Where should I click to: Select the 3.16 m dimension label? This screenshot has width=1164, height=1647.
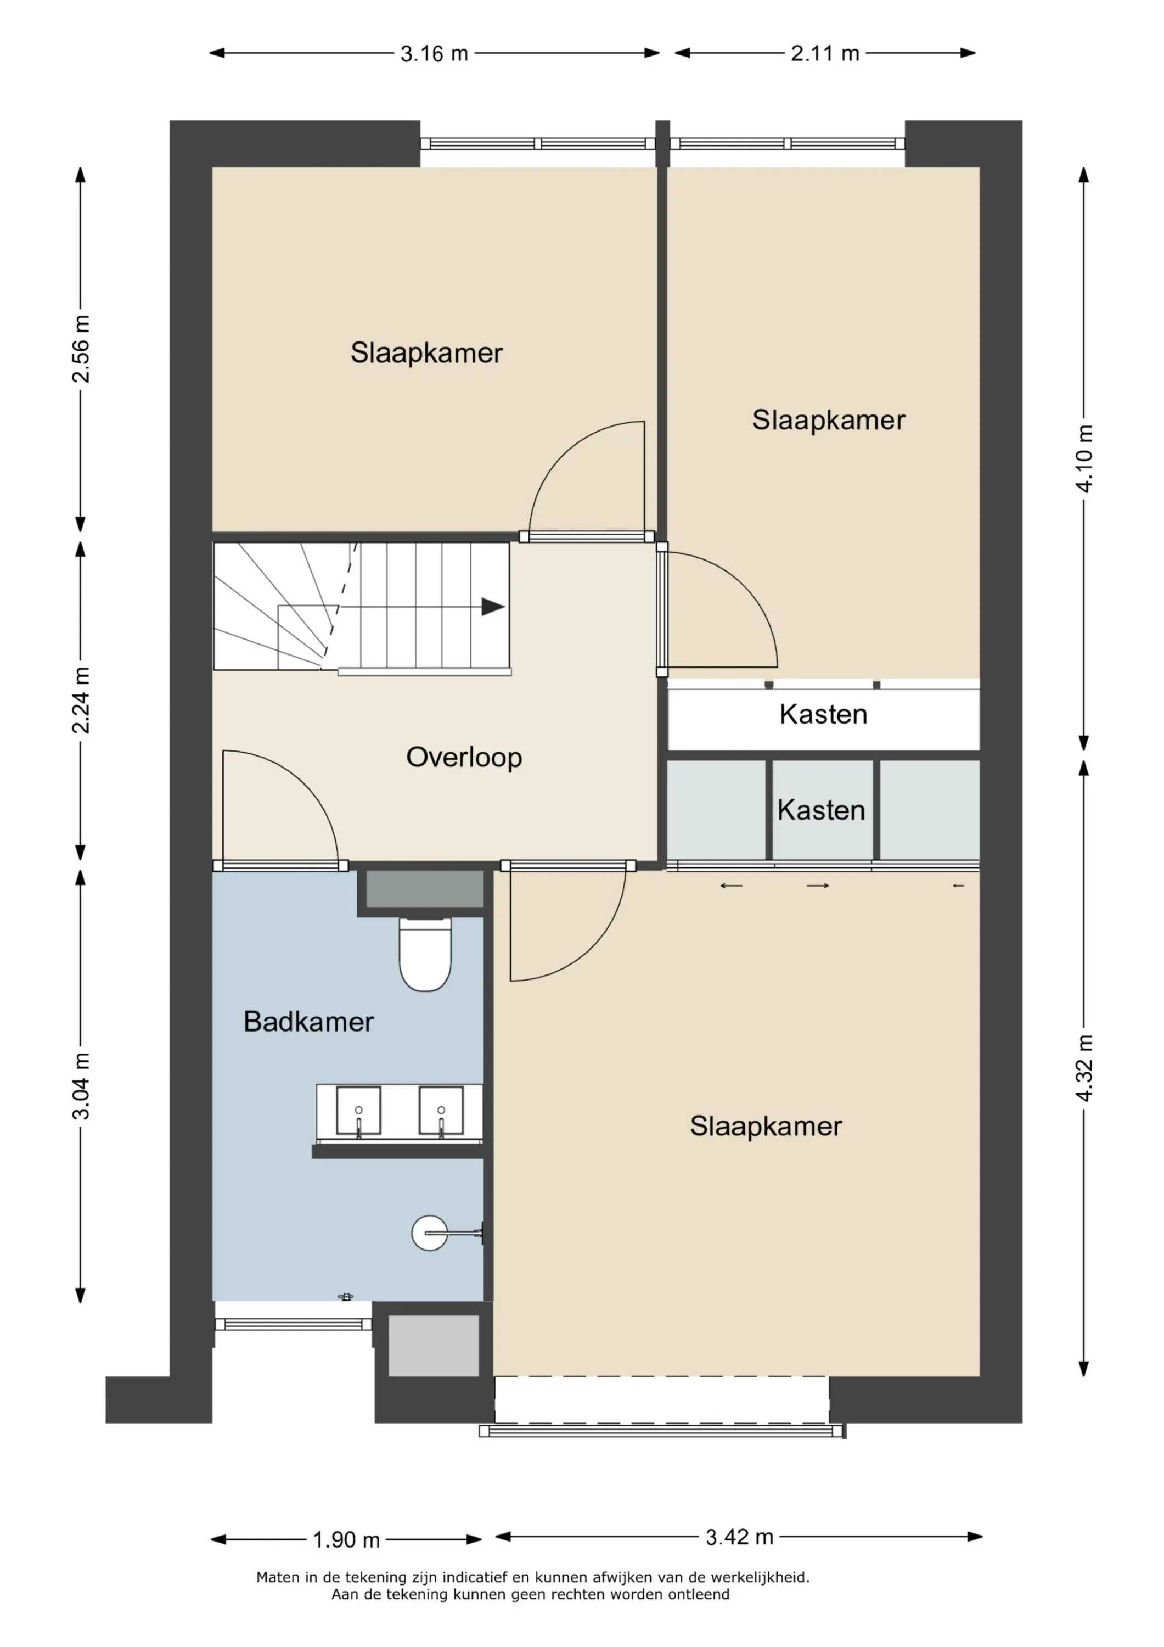click(x=434, y=54)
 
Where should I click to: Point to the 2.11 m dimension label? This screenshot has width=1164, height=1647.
click(x=825, y=54)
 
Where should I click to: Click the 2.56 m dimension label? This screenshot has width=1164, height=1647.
click(x=81, y=349)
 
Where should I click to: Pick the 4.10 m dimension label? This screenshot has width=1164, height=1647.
click(x=1084, y=458)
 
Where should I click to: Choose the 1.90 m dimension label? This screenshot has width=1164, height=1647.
click(x=346, y=1540)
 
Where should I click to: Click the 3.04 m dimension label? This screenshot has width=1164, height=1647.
click(x=81, y=1086)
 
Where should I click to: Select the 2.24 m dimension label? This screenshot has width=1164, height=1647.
click(x=81, y=700)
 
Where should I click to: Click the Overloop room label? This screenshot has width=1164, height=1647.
click(x=464, y=758)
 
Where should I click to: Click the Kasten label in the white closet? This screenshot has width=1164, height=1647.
click(x=823, y=714)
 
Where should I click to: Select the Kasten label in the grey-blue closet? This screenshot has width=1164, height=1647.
click(x=821, y=810)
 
